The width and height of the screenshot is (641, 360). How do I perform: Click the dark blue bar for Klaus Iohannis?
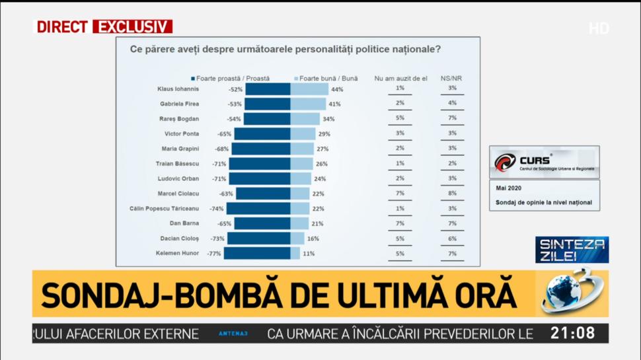click(x=268, y=89)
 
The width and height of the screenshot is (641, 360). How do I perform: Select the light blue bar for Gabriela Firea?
click(x=308, y=104)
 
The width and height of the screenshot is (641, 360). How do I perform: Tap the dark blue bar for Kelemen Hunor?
click(x=257, y=253)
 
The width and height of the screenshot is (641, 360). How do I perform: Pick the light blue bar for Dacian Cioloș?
click(x=297, y=238)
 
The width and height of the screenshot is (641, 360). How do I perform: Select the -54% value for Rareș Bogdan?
click(x=234, y=119)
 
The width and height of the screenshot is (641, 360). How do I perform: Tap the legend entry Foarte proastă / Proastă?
click(x=230, y=78)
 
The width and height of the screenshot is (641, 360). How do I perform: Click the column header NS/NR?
click(x=451, y=78)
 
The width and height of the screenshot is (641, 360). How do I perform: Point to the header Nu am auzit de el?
click(x=400, y=78)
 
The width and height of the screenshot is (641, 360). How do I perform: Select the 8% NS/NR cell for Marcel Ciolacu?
click(x=452, y=194)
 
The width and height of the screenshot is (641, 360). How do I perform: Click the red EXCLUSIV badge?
click(x=132, y=27)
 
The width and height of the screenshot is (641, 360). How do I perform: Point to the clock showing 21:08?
click(x=578, y=333)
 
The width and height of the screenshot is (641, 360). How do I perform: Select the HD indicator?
click(x=598, y=28)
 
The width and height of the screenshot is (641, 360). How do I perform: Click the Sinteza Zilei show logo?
click(x=572, y=250)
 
